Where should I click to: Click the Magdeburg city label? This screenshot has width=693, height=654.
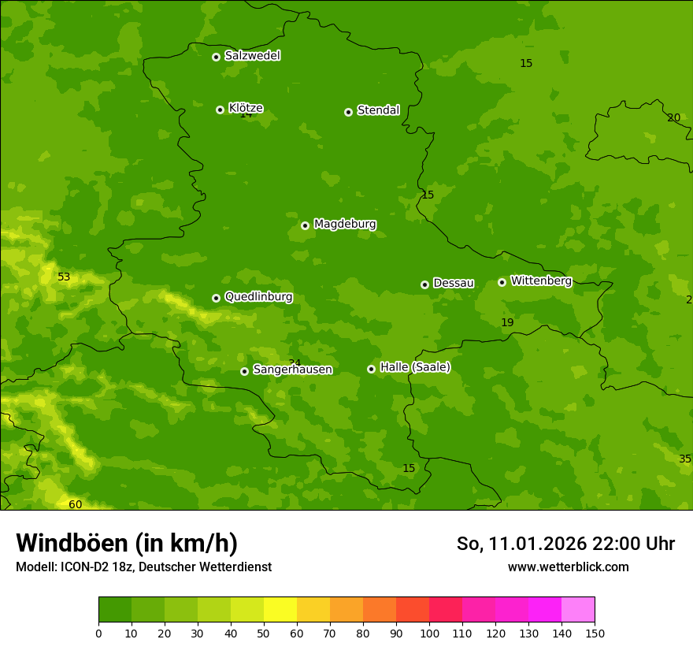(344, 225)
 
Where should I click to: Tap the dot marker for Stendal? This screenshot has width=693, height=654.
(348, 112)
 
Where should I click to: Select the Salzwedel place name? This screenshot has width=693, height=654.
(252, 56)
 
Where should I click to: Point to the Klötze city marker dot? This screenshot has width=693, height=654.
(220, 110)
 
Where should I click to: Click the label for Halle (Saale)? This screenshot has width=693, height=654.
(415, 367)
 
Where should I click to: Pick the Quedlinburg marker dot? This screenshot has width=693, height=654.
(216, 298)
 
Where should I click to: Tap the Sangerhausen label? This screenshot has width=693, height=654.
(292, 370)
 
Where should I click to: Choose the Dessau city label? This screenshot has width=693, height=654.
(454, 283)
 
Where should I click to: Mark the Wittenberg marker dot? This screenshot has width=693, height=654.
(502, 282)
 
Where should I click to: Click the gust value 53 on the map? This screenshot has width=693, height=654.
(64, 277)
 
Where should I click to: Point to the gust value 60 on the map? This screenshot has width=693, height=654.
(75, 504)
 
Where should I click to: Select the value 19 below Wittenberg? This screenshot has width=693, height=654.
(507, 322)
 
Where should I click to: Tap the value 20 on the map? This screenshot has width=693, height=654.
(673, 117)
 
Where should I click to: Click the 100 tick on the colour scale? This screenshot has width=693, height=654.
(429, 633)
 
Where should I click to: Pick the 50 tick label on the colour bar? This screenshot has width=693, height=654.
(264, 633)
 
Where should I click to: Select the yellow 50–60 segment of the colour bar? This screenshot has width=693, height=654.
(280, 610)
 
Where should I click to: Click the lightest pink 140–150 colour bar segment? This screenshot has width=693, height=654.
(578, 610)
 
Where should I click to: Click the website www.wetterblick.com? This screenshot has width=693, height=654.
(568, 567)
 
